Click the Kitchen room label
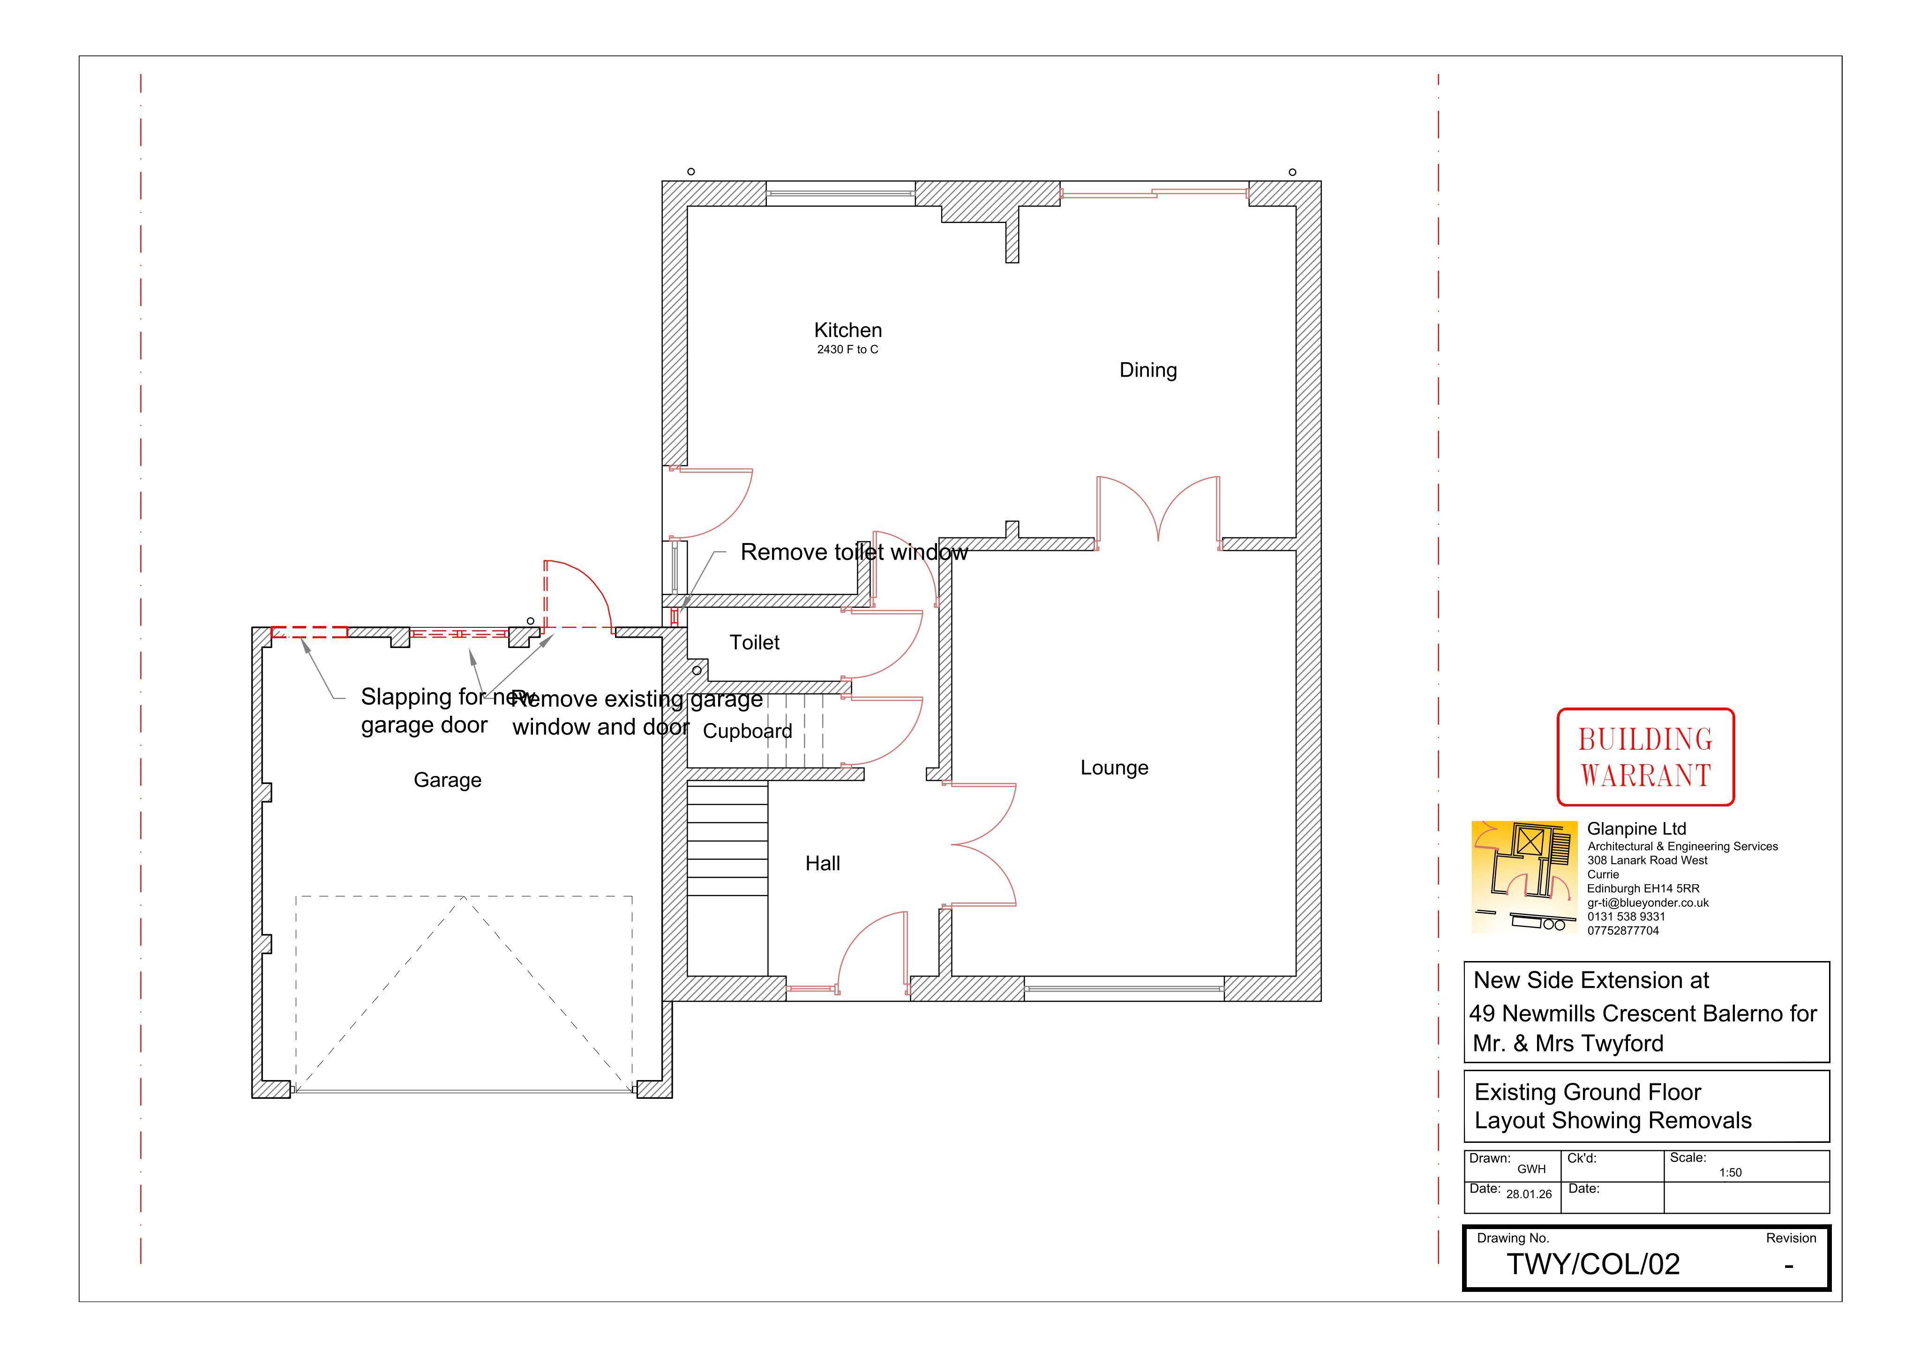point(848,330)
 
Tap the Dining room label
point(1148,370)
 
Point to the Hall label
point(823,864)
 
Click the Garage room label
point(447,780)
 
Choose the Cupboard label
point(748,731)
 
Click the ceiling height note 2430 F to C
point(848,350)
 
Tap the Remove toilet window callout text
point(854,552)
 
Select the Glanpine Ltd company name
point(1636,828)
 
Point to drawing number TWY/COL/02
point(1593,1264)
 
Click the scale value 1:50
point(1730,1172)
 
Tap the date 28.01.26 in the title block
point(1529,1194)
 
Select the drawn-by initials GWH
point(1531,1170)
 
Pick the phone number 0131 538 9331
point(1627,917)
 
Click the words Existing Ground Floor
point(1587,1092)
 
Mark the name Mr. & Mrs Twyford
point(1568,1044)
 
